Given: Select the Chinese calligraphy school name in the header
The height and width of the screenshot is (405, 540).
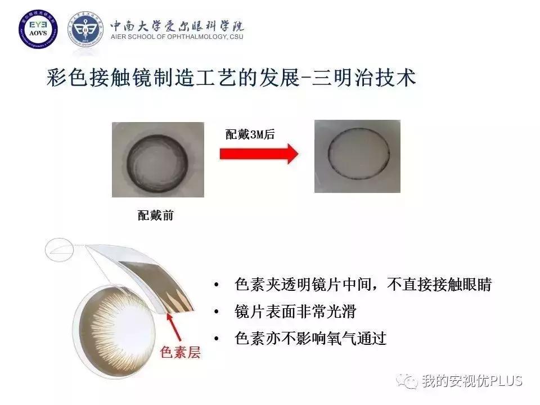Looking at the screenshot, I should point(177,25).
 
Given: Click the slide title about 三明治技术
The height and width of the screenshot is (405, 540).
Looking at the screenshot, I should point(231,78).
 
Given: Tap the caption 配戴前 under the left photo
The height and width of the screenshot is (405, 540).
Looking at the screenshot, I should point(156,215).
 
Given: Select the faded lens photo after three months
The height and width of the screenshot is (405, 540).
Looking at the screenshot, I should point(357,156).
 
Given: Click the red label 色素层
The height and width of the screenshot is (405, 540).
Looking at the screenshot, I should point(180,353).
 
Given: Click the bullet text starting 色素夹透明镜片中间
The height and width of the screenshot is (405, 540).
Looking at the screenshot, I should point(363,285).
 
